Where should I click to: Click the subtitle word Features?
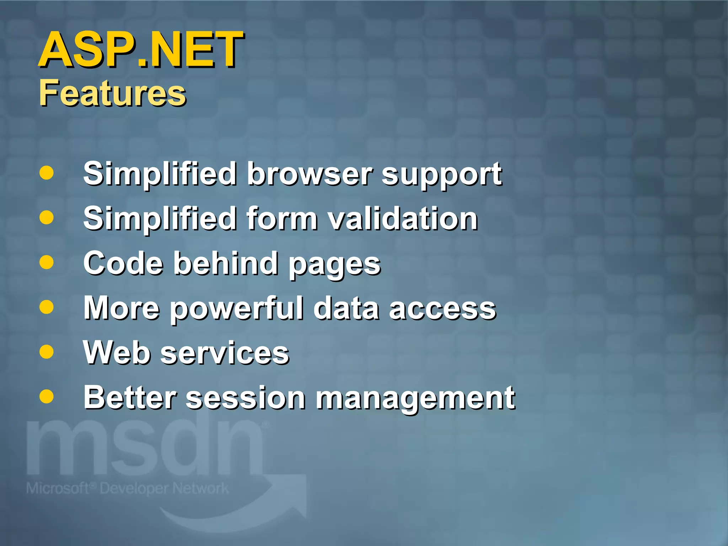point(112,93)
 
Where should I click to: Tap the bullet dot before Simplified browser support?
point(47,173)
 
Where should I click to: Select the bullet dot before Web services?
point(47,352)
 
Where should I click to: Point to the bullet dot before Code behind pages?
point(47,263)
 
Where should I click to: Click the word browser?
point(310,174)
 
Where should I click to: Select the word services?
point(225,353)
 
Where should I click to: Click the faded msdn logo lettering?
point(146,450)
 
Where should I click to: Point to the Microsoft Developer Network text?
point(127,488)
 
